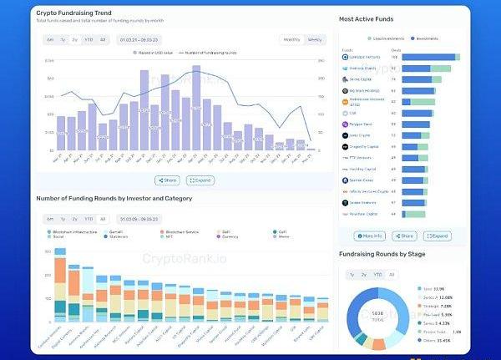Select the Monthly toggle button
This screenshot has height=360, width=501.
pos(291,38)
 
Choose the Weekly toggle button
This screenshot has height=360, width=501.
pos(314,38)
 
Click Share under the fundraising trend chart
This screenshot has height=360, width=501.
pos(167,180)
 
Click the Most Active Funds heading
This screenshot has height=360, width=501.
pos(367,18)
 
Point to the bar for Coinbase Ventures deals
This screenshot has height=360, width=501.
pos(429,58)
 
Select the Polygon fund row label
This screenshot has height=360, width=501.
pos(361,124)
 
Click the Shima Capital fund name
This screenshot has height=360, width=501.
pos(361,79)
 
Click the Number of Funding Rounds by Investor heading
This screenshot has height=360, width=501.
pos(114,198)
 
